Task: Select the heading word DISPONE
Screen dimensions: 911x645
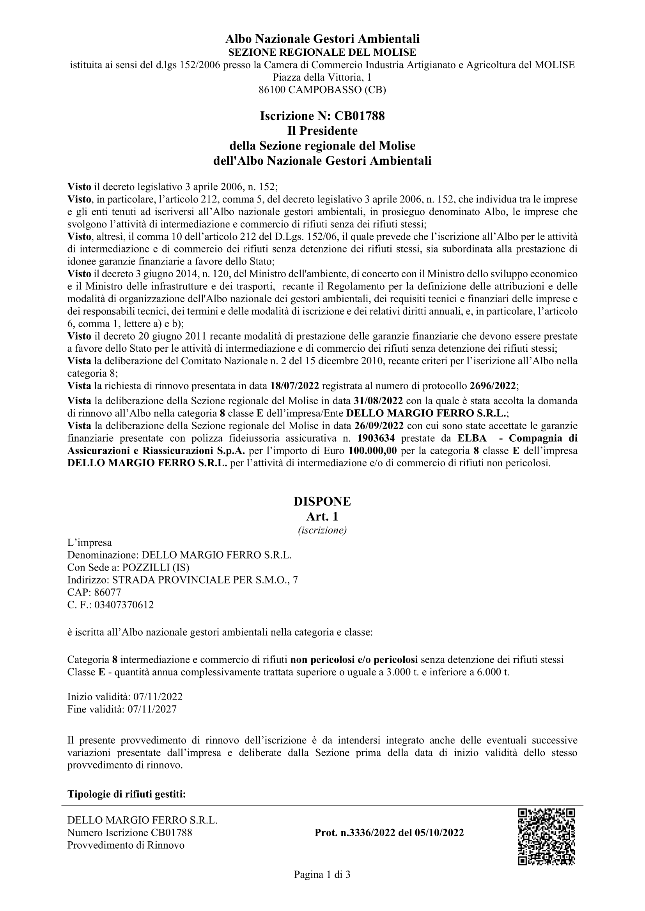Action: [x=322, y=502]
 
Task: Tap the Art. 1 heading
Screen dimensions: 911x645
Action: [x=322, y=516]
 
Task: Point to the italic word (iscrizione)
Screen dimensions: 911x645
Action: [x=322, y=530]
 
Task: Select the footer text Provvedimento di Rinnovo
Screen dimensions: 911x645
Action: [x=126, y=845]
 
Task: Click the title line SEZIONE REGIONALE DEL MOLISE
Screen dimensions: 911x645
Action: [x=322, y=52]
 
